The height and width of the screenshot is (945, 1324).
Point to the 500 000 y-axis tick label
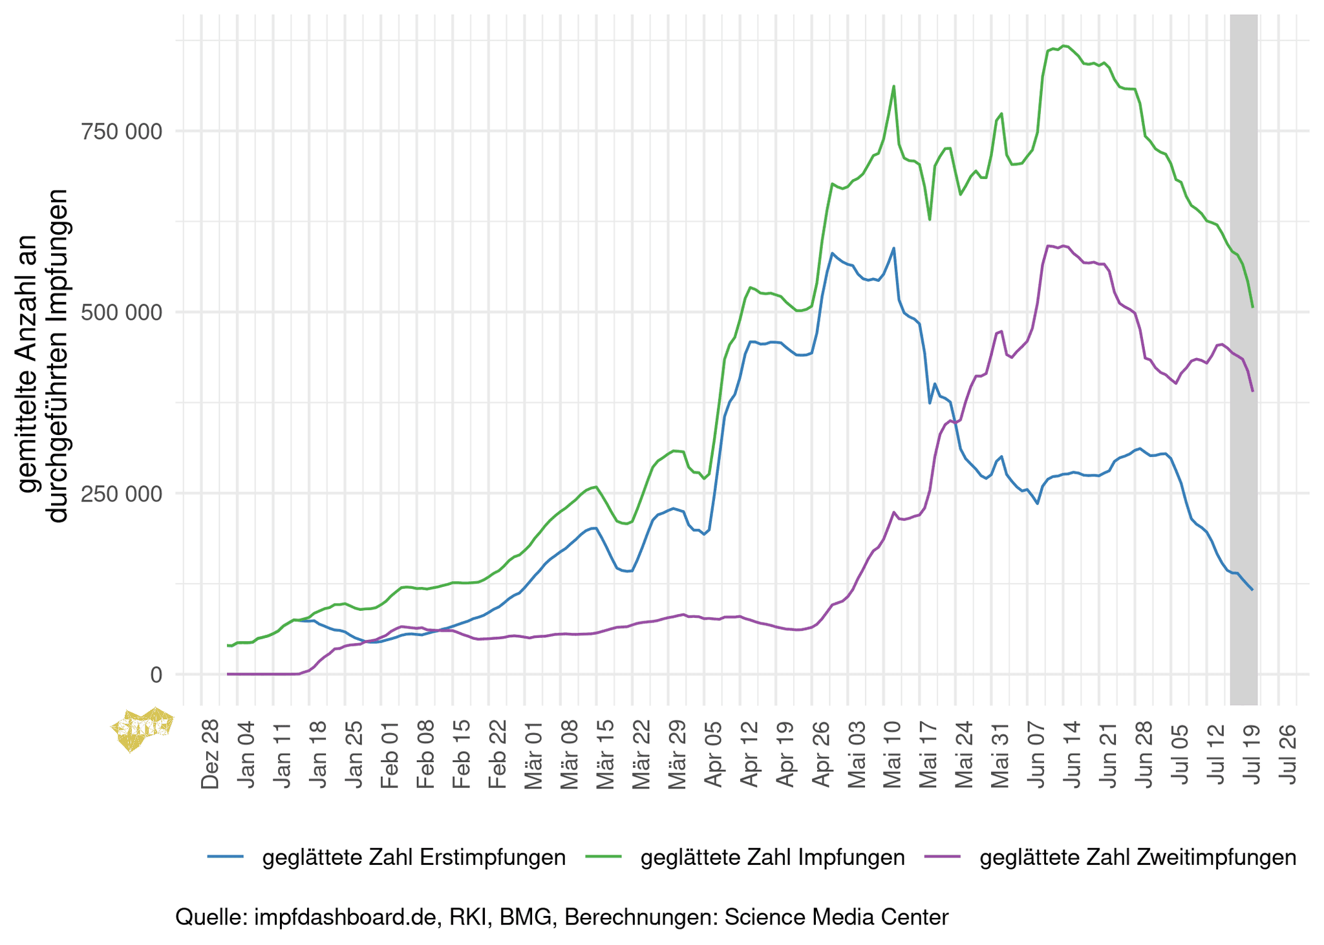click(x=121, y=313)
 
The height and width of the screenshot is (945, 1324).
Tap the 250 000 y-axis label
click(x=121, y=494)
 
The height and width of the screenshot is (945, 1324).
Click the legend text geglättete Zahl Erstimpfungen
click(x=414, y=857)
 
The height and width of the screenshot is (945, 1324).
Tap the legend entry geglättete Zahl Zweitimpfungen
click(x=1138, y=857)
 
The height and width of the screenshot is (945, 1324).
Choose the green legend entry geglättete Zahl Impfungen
click(x=772, y=857)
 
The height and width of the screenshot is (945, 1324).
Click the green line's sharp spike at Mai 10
click(x=893, y=87)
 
